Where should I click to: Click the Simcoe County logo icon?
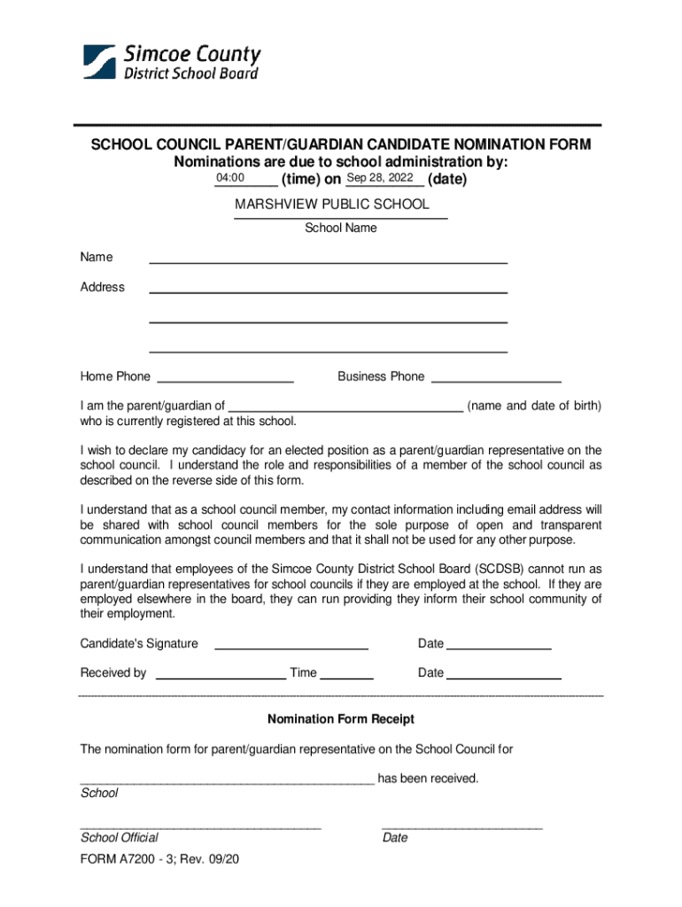(x=99, y=62)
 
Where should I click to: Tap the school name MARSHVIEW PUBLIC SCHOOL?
(x=331, y=205)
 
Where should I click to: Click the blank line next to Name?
(x=328, y=258)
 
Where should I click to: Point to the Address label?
(x=103, y=287)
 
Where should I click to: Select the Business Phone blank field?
(x=496, y=376)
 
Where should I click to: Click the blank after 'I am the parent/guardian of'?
(x=345, y=407)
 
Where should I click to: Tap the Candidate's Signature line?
(x=291, y=644)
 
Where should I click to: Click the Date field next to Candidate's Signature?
(x=499, y=644)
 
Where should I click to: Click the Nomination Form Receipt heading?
(x=341, y=719)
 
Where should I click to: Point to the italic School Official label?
(x=120, y=837)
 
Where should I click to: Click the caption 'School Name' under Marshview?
(x=341, y=228)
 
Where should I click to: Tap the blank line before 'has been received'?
(x=227, y=779)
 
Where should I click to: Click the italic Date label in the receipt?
(x=395, y=837)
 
